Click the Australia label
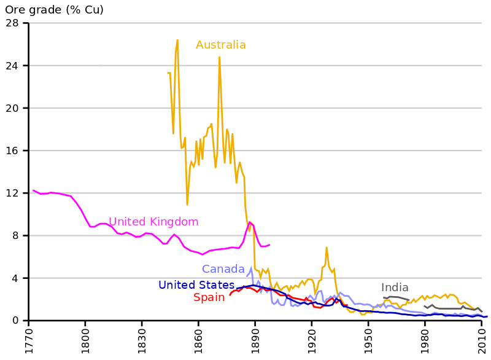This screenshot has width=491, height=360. click(x=220, y=45)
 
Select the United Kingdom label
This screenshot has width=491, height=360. click(x=153, y=222)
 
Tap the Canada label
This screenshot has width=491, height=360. click(x=223, y=269)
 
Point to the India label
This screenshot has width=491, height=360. click(x=394, y=288)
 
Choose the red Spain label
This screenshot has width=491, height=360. click(x=209, y=298)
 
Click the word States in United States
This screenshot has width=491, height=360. click(x=215, y=285)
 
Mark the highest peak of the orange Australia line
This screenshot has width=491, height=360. click(x=177, y=40)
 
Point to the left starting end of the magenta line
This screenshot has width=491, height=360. click(x=33, y=190)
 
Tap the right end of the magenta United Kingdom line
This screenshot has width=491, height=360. click(x=269, y=245)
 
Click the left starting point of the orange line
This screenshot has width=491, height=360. click(x=168, y=73)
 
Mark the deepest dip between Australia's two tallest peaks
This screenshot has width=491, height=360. click(x=187, y=204)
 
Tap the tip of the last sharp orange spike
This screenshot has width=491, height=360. click(x=327, y=248)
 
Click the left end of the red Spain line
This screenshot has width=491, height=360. click(x=230, y=295)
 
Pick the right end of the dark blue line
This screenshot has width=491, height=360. click(x=487, y=316)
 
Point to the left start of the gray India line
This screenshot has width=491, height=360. click(x=384, y=297)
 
